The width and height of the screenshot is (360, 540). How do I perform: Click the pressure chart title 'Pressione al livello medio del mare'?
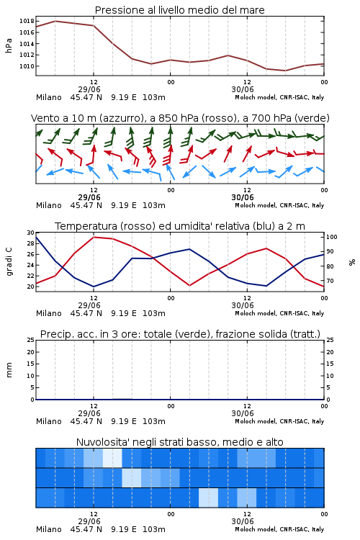179,10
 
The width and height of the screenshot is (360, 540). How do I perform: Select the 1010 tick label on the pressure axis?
27,66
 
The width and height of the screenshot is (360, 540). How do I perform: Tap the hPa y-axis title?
9,45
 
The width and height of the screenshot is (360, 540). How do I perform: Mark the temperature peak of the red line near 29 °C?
94,237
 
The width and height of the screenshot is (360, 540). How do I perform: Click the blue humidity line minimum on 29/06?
94,287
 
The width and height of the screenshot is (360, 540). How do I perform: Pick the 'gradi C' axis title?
9,261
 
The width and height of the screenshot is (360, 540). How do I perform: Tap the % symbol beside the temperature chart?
352,262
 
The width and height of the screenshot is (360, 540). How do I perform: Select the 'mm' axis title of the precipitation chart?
9,370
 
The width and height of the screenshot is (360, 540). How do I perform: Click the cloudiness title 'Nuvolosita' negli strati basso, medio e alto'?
179,442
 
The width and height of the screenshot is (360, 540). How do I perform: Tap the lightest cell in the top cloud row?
112,458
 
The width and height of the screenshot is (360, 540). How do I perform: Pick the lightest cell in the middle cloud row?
132,477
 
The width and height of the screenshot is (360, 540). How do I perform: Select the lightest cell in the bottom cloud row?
208,498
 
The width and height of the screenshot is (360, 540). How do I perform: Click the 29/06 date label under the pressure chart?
89,89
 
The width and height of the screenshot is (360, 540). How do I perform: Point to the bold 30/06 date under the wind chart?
243,197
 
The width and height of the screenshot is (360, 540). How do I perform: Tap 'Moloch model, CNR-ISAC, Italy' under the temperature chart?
279,313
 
